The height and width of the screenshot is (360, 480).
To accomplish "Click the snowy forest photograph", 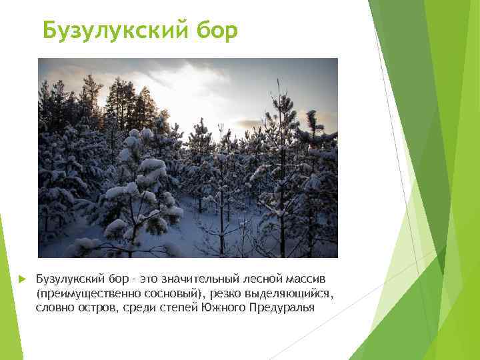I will pos(187,157).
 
